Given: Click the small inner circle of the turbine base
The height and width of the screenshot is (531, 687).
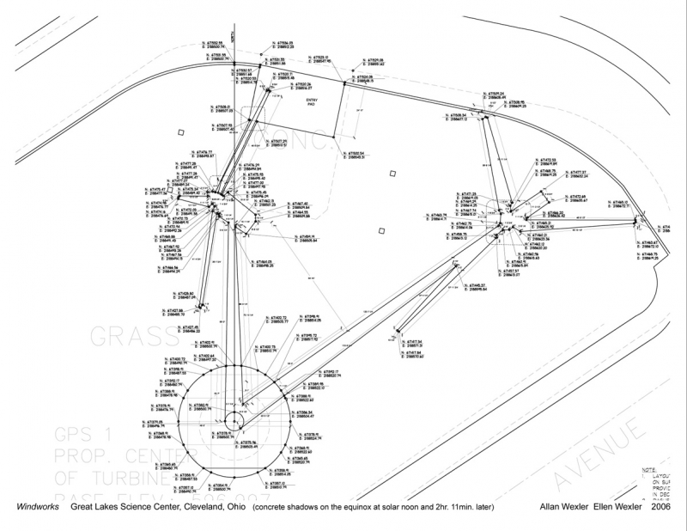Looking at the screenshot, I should coord(233,421).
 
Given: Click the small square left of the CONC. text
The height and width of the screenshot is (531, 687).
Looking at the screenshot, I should coord(180,131).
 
